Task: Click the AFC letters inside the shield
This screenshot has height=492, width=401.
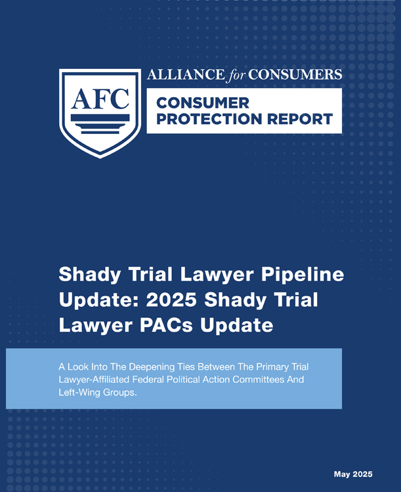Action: [100, 99]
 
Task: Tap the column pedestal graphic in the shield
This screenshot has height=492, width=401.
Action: [100, 124]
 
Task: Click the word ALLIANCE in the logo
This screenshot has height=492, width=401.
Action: [186, 75]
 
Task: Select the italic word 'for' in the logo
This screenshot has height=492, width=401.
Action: [237, 76]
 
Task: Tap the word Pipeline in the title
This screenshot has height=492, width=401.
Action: [303, 275]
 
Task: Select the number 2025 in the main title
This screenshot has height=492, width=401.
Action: [171, 300]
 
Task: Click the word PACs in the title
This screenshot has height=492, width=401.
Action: [166, 324]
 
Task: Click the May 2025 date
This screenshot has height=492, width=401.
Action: [353, 474]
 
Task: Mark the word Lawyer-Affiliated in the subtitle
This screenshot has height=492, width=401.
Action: [94, 380]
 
